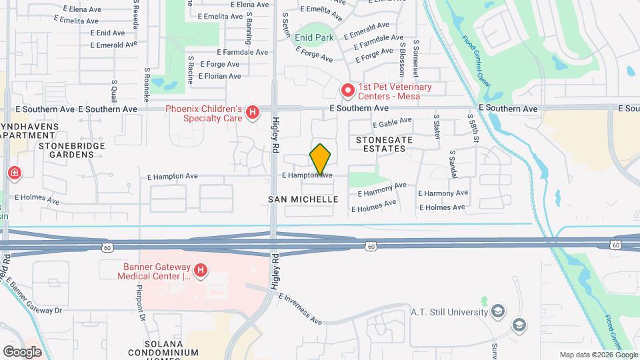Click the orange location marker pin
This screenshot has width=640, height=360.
pyautogui.click(x=320, y=159)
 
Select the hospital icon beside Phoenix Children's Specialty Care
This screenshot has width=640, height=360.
pyautogui.click(x=253, y=113)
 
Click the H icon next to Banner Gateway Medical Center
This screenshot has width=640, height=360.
pyautogui.click(x=201, y=271)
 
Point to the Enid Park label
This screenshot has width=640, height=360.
pyautogui.click(x=314, y=38)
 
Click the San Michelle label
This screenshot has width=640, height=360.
pyautogui.click(x=303, y=199)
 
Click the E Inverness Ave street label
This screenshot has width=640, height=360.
pyautogui.click(x=300, y=309)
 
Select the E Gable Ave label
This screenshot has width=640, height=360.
pyautogui.click(x=393, y=123)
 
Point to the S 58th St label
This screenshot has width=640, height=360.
pyautogui.click(x=473, y=127)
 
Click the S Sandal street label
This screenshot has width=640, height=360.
pyautogui.click(x=453, y=161)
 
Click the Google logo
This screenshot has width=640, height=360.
pyautogui.click(x=22, y=352)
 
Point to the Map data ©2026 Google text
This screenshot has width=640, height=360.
pyautogui.click(x=598, y=355)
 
